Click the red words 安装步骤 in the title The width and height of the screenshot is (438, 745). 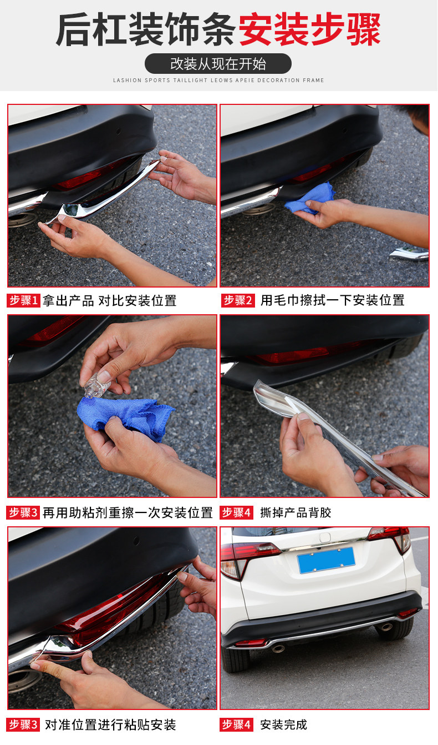tap(309, 29)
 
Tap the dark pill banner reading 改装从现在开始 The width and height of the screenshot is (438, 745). tap(218, 63)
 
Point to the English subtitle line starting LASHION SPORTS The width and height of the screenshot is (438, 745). tap(218, 80)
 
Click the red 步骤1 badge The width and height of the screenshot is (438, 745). tap(23, 300)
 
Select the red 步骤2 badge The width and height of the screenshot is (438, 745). tap(238, 300)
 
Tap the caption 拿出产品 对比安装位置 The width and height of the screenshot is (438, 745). tap(109, 301)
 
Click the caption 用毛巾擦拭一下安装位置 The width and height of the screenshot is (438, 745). tap(333, 300)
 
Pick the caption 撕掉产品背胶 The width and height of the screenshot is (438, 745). tap(296, 512)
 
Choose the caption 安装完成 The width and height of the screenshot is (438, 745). tap(283, 724)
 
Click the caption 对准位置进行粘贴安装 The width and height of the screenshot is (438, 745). tap(110, 724)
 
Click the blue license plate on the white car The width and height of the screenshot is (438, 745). tap(326, 560)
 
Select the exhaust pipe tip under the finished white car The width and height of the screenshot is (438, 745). tap(278, 648)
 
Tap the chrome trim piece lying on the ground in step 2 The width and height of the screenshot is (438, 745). tap(409, 254)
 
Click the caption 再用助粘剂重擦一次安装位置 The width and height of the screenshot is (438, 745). tap(128, 512)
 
